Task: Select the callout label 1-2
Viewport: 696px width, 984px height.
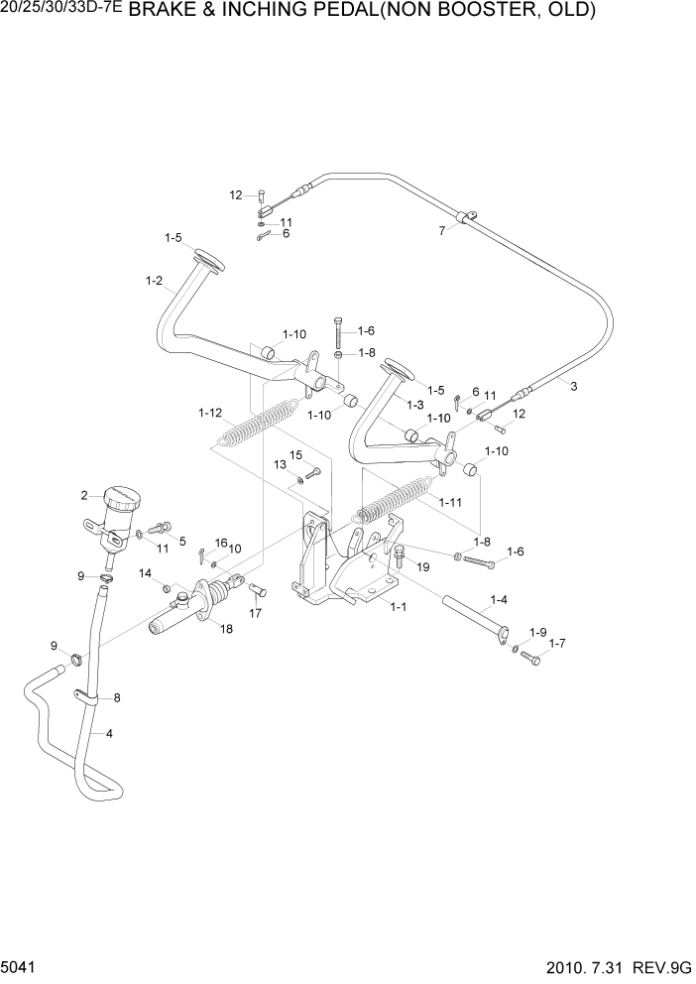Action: [154, 281]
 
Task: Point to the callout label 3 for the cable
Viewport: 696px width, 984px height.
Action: [573, 386]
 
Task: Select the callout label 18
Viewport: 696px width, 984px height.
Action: [226, 629]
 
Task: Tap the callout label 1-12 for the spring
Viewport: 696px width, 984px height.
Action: [209, 413]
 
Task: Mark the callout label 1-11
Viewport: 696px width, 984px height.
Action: [450, 503]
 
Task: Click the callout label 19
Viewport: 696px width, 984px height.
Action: [422, 567]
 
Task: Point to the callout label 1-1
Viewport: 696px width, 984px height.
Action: [398, 606]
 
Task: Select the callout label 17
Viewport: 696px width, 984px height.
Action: [255, 613]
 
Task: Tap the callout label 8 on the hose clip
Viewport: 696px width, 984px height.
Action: [117, 698]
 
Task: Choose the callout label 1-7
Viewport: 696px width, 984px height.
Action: [557, 643]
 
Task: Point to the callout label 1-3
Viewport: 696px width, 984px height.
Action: [415, 405]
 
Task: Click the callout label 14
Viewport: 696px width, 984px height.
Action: [145, 573]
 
